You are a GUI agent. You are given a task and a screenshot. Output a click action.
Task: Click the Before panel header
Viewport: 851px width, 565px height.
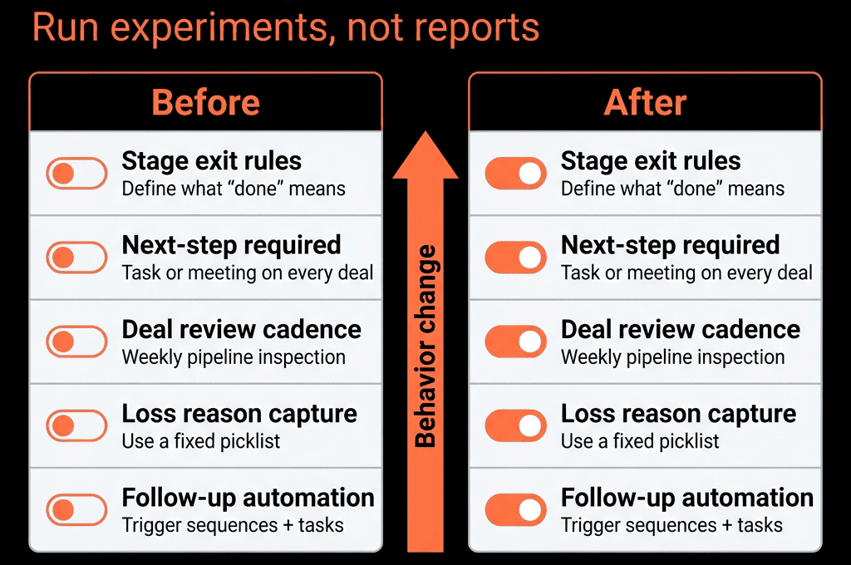pyautogui.click(x=206, y=102)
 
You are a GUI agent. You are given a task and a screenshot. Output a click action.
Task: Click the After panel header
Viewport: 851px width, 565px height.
pyautogui.click(x=645, y=102)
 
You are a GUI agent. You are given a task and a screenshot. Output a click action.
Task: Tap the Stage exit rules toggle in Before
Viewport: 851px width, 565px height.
pyautogui.click(x=76, y=174)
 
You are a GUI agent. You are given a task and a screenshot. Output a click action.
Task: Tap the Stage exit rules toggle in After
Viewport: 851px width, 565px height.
pyautogui.click(x=515, y=174)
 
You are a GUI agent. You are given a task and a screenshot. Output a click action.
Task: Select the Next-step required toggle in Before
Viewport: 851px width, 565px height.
pyautogui.click(x=76, y=258)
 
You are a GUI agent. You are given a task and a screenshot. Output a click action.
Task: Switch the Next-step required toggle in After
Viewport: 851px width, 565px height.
pyautogui.click(x=515, y=258)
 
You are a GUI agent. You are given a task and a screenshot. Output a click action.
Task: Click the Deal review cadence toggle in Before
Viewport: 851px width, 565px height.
pyautogui.click(x=76, y=341)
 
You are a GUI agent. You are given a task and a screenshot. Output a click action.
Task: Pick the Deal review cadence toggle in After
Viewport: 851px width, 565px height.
pyautogui.click(x=515, y=341)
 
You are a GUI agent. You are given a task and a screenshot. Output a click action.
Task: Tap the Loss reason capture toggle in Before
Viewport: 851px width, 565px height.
pyautogui.click(x=76, y=425)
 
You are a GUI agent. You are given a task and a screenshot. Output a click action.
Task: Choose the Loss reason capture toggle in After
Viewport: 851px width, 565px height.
pyautogui.click(x=515, y=425)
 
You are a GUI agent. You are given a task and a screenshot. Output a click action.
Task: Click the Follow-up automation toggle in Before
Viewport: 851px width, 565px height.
pyautogui.click(x=76, y=509)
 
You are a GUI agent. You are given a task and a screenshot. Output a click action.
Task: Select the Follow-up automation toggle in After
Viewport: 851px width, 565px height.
pyautogui.click(x=515, y=509)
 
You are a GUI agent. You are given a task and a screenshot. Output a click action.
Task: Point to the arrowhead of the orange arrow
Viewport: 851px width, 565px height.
pyautogui.click(x=425, y=132)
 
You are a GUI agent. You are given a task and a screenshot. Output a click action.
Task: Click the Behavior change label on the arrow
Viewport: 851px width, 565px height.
pyautogui.click(x=425, y=346)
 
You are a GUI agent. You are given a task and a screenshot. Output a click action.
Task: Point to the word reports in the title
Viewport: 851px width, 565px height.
pyautogui.click(x=476, y=29)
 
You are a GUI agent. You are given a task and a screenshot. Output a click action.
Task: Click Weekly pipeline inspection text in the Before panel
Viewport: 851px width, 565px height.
pyautogui.click(x=234, y=357)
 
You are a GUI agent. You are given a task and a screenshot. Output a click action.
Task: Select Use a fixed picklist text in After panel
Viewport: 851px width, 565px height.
pyautogui.click(x=640, y=441)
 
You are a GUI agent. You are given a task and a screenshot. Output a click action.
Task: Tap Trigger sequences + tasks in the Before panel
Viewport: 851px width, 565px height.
pyautogui.click(x=233, y=525)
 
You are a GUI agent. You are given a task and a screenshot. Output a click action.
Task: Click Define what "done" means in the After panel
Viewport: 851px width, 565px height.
pyautogui.click(x=672, y=189)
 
